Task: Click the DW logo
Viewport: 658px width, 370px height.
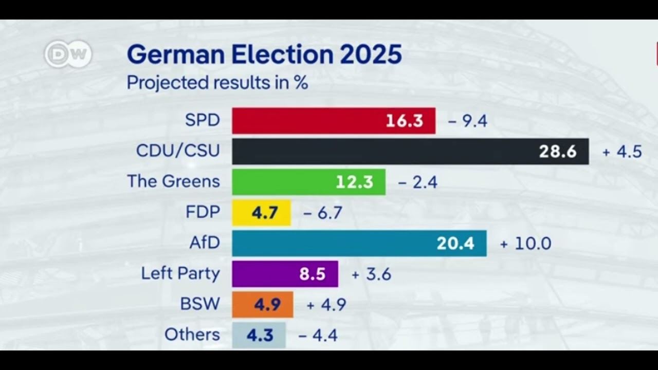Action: coord(67,54)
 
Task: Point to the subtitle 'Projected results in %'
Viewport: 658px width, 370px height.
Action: coord(217,83)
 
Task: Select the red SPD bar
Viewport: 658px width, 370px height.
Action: coord(333,121)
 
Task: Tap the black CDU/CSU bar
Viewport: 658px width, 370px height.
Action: coord(410,151)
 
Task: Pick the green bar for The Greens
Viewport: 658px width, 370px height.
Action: coord(308,182)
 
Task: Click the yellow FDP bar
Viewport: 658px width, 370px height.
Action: coord(261,213)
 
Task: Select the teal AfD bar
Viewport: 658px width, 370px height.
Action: coord(359,243)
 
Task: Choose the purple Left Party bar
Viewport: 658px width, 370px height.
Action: coord(285,274)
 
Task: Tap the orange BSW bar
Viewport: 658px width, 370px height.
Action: coord(262,304)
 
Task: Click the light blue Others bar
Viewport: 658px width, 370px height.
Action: coord(259,335)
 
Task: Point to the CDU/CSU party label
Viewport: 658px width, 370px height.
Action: coord(177,151)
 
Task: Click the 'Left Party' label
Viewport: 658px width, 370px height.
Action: coord(180,273)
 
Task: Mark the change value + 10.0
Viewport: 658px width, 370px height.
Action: coord(525,243)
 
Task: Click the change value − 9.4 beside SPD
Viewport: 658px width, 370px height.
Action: coord(467,121)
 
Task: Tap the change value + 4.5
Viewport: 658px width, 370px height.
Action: coord(622,152)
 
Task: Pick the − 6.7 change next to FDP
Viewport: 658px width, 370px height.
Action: coord(322,213)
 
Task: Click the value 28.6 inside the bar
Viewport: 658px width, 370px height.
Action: coord(557,152)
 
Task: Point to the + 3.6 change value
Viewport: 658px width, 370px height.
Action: coord(371,274)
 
